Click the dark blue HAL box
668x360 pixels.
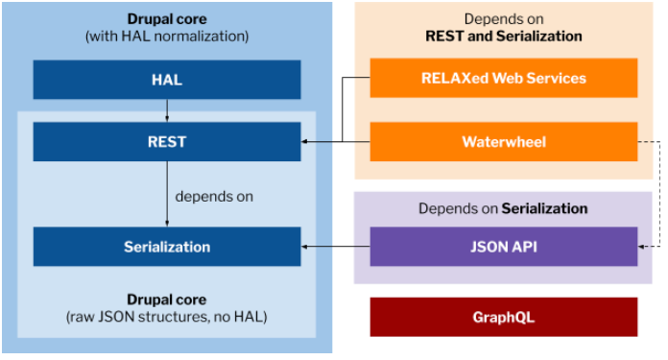167,80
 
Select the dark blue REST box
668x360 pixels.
167,142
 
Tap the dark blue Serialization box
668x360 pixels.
167,247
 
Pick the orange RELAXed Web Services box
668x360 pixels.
504,78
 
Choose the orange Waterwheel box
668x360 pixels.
504,142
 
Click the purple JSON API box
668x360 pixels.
504,247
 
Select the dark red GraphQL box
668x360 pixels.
504,318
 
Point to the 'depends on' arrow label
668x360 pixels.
214,197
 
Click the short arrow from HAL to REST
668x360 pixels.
167,110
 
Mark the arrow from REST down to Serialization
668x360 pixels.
167,194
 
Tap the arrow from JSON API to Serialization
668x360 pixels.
335,247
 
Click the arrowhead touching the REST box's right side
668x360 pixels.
304,141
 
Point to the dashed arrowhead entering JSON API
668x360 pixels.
641,247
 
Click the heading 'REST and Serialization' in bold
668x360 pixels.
504,36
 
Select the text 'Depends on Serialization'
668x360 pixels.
503,208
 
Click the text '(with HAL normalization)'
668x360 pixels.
167,36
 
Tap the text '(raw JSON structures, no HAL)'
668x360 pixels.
167,317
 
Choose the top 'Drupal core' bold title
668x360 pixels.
167,19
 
